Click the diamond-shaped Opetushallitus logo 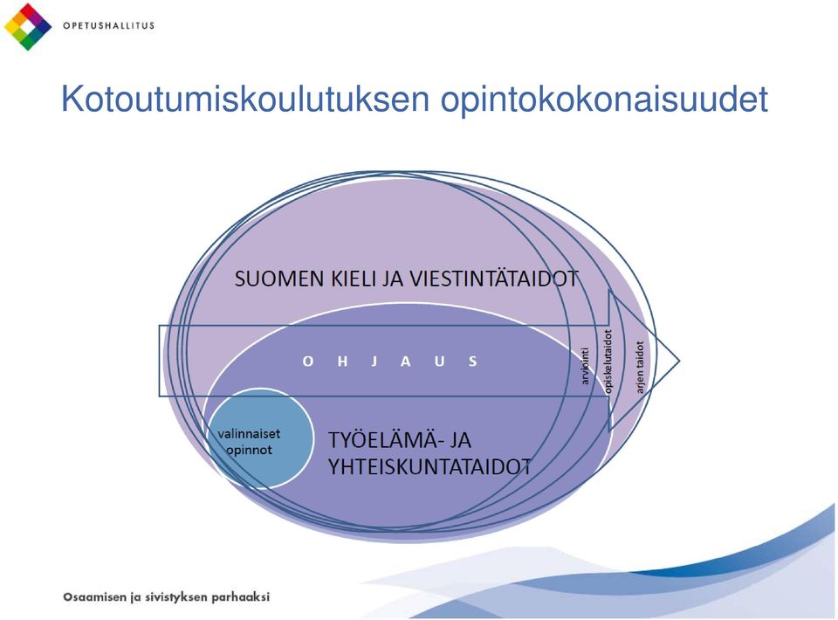point(28,27)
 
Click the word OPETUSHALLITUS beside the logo point(108,25)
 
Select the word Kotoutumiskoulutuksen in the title point(245,99)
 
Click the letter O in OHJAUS point(308,362)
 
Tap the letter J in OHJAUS point(374,362)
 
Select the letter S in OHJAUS point(472,362)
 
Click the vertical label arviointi point(585,366)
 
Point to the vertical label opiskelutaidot point(608,363)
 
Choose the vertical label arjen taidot point(640,367)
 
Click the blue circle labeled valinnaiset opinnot point(260,439)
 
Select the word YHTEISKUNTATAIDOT point(429,467)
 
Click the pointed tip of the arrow point(679,362)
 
